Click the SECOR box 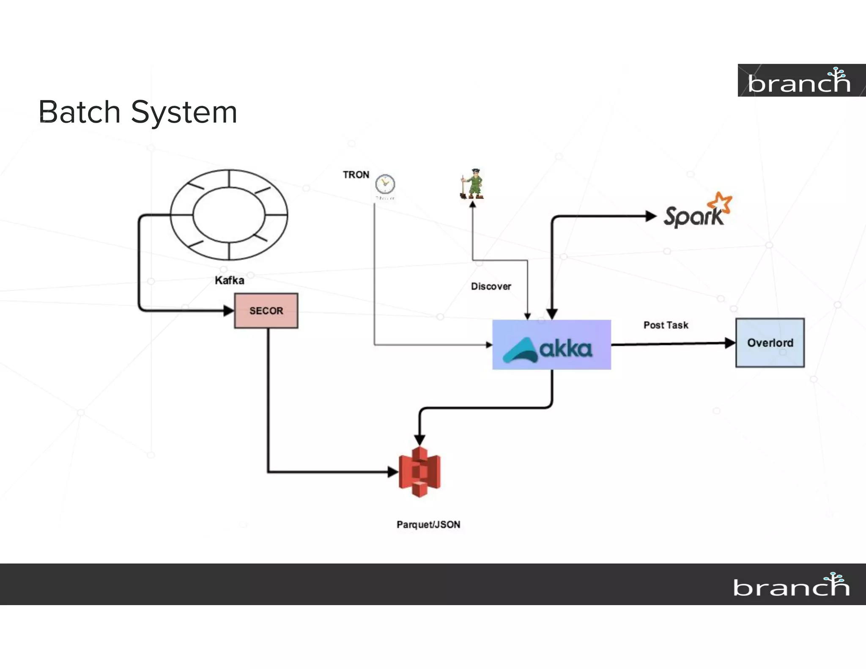266,311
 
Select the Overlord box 770,343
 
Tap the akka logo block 551,345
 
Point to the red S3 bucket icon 419,472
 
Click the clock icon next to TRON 385,184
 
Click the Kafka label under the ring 229,280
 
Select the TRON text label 356,175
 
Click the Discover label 491,286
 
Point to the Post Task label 666,325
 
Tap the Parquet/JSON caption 428,524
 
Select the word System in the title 184,113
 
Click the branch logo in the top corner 800,81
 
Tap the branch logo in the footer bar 791,585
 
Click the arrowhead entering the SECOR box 228,311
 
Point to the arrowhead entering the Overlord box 730,343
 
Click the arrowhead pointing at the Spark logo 650,217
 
